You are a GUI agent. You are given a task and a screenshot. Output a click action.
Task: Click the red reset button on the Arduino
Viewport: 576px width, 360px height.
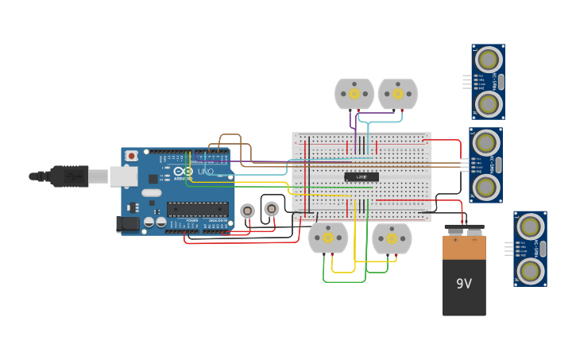point(131,156)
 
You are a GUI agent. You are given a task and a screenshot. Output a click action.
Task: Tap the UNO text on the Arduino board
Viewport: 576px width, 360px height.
point(205,172)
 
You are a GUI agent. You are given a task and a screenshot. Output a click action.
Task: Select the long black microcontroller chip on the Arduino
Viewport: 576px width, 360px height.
point(197,210)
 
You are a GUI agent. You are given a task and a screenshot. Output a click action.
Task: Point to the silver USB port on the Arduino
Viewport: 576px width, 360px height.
point(122,176)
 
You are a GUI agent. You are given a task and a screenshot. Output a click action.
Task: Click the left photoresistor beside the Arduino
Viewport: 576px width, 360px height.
point(247,211)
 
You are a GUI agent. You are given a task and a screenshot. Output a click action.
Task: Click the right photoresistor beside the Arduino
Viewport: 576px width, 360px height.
point(271,209)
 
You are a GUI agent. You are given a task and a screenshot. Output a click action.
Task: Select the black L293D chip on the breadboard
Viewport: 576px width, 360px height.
point(361,176)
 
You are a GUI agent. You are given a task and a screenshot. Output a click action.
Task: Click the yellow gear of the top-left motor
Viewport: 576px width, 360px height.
point(354,94)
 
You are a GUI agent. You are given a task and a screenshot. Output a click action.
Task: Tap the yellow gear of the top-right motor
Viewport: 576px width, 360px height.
point(397,94)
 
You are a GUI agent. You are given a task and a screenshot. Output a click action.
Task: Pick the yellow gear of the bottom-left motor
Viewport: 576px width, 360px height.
point(328,238)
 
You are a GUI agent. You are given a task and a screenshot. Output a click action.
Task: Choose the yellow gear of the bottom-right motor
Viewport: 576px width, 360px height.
point(392,238)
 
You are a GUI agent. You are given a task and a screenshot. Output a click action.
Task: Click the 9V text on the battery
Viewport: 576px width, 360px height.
point(464,284)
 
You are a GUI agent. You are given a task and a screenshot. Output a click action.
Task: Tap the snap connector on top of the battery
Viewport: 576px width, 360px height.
point(464,230)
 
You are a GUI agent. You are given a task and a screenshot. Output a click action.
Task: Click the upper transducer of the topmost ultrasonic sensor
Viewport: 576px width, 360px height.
point(488,59)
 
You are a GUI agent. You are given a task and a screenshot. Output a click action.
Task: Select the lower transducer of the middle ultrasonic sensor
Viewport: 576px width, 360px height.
point(485,187)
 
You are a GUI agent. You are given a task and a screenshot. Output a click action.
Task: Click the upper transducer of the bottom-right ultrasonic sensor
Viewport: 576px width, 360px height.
point(530,226)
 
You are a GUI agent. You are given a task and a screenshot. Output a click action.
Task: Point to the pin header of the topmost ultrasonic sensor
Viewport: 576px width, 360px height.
point(466,81)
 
